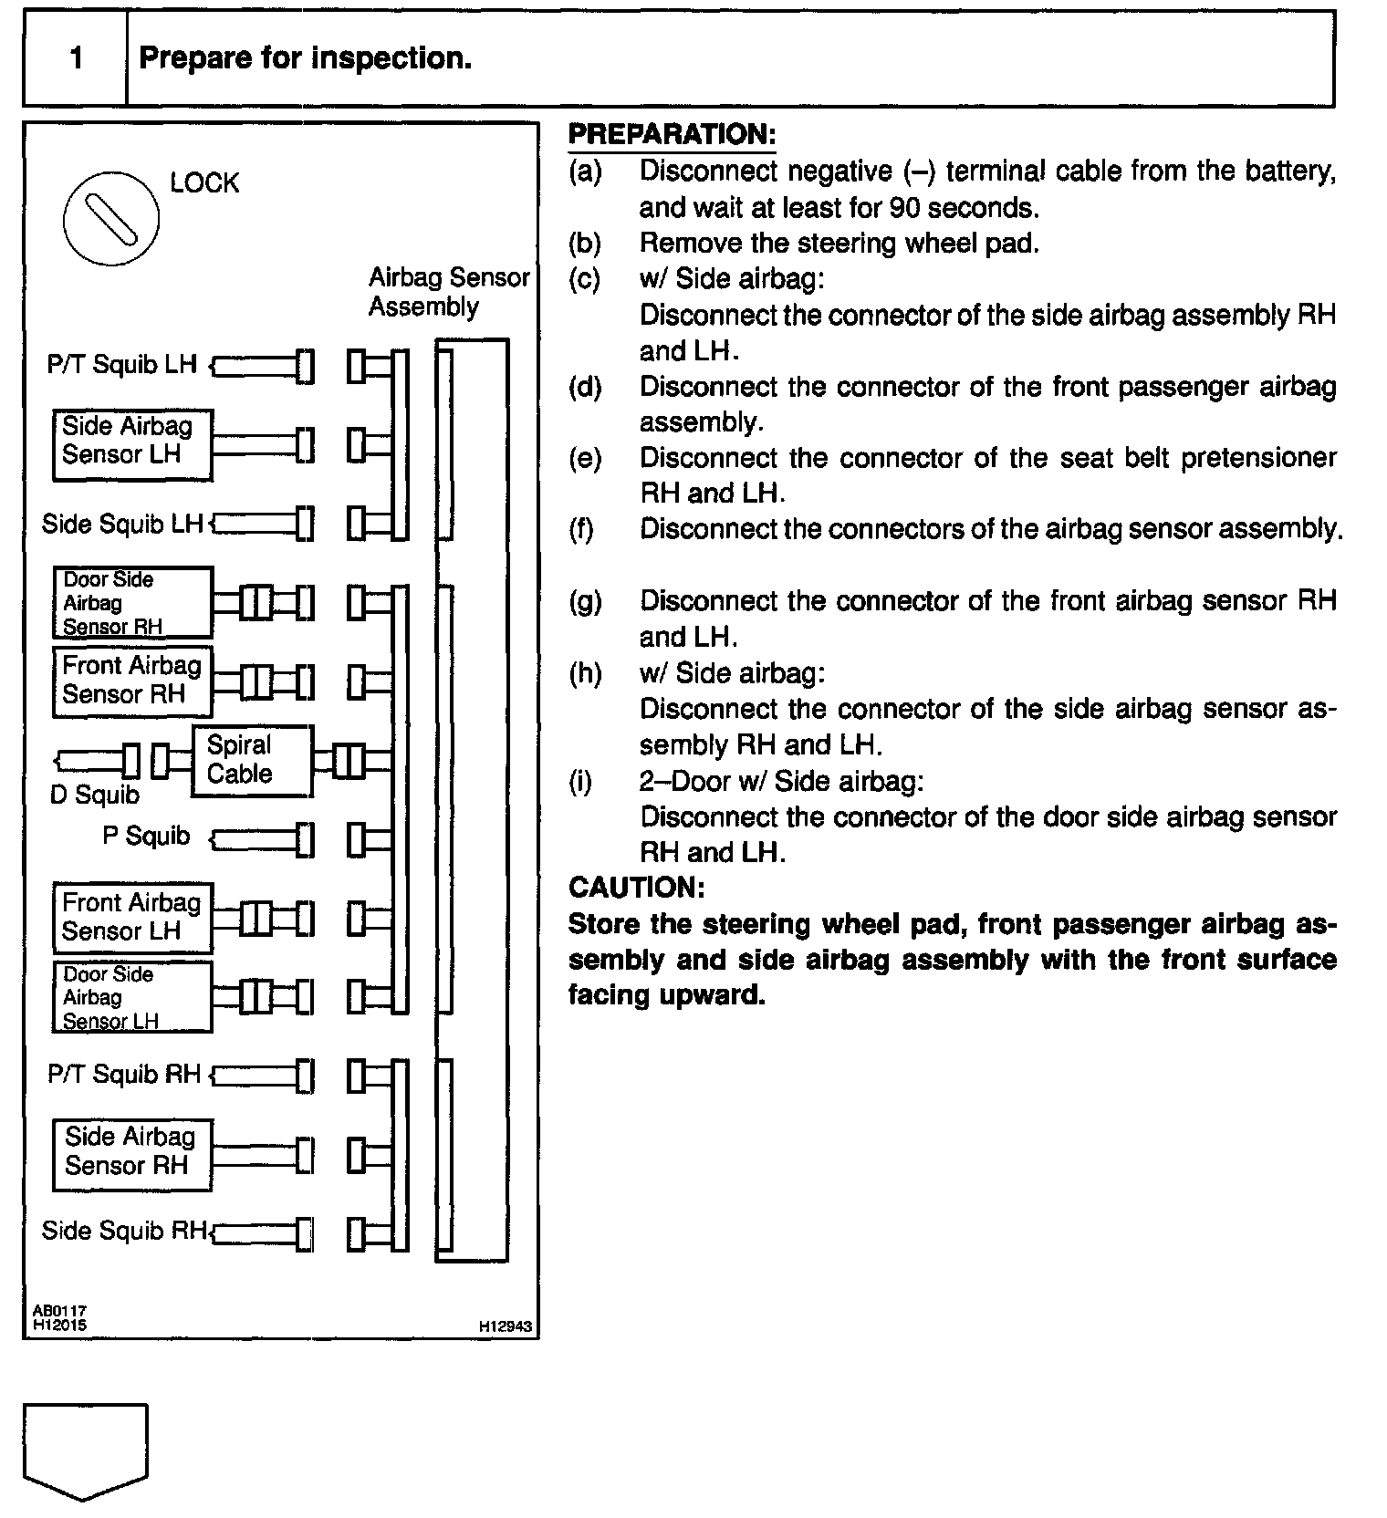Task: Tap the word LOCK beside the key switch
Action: point(204,183)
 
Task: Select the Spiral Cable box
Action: point(252,760)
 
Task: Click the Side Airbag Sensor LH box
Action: point(132,444)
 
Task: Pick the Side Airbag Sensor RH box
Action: point(132,1154)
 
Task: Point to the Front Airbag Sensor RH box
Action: point(132,681)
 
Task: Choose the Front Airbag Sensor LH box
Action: point(132,918)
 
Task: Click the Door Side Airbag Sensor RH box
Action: point(132,603)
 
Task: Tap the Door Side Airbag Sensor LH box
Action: point(132,997)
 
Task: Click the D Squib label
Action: point(94,795)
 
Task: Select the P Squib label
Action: point(146,837)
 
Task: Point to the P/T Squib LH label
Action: point(121,365)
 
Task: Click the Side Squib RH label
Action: point(124,1232)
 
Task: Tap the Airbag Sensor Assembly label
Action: point(448,292)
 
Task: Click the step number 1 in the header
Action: point(76,59)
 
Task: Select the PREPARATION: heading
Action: point(672,135)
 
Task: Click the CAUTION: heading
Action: point(636,888)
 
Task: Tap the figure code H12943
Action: point(506,1326)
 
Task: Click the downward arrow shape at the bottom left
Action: point(85,1450)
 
